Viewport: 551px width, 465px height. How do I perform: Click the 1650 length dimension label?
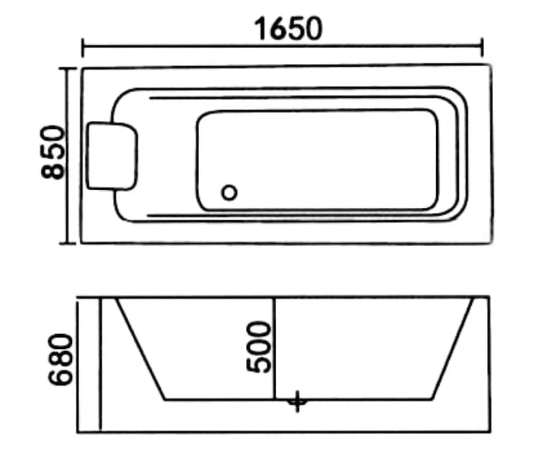[x=288, y=29]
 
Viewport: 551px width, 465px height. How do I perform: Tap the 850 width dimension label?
[x=53, y=152]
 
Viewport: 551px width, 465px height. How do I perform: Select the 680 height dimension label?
[x=60, y=359]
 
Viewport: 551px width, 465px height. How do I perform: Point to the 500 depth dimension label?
[x=259, y=347]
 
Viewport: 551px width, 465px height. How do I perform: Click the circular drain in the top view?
[x=229, y=193]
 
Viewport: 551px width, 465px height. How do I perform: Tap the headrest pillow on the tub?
[x=112, y=156]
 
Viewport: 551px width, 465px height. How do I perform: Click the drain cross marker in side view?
[x=298, y=402]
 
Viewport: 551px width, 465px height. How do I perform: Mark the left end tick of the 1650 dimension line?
[x=83, y=48]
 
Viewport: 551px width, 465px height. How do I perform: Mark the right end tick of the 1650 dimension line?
[x=482, y=48]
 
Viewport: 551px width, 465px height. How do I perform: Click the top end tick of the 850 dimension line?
[x=67, y=68]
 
